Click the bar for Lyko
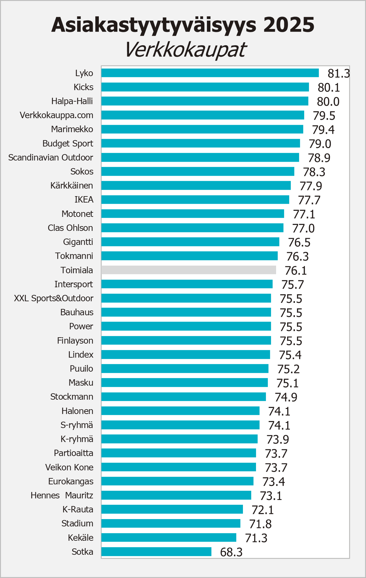[210, 73]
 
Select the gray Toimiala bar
[188, 270]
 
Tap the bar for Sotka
[156, 552]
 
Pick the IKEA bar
[195, 200]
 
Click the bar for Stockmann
[183, 397]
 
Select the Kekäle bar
[169, 538]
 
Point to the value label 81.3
[339, 74]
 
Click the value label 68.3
[231, 552]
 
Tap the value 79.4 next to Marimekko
[323, 130]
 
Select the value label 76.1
[296, 271]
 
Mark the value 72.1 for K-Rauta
[262, 510]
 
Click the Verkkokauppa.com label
[56, 115]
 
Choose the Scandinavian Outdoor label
[51, 158]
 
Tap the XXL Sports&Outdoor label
[54, 298]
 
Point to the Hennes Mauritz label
[62, 496]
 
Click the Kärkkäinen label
[72, 186]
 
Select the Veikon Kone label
[69, 467]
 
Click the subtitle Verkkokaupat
[185, 50]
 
